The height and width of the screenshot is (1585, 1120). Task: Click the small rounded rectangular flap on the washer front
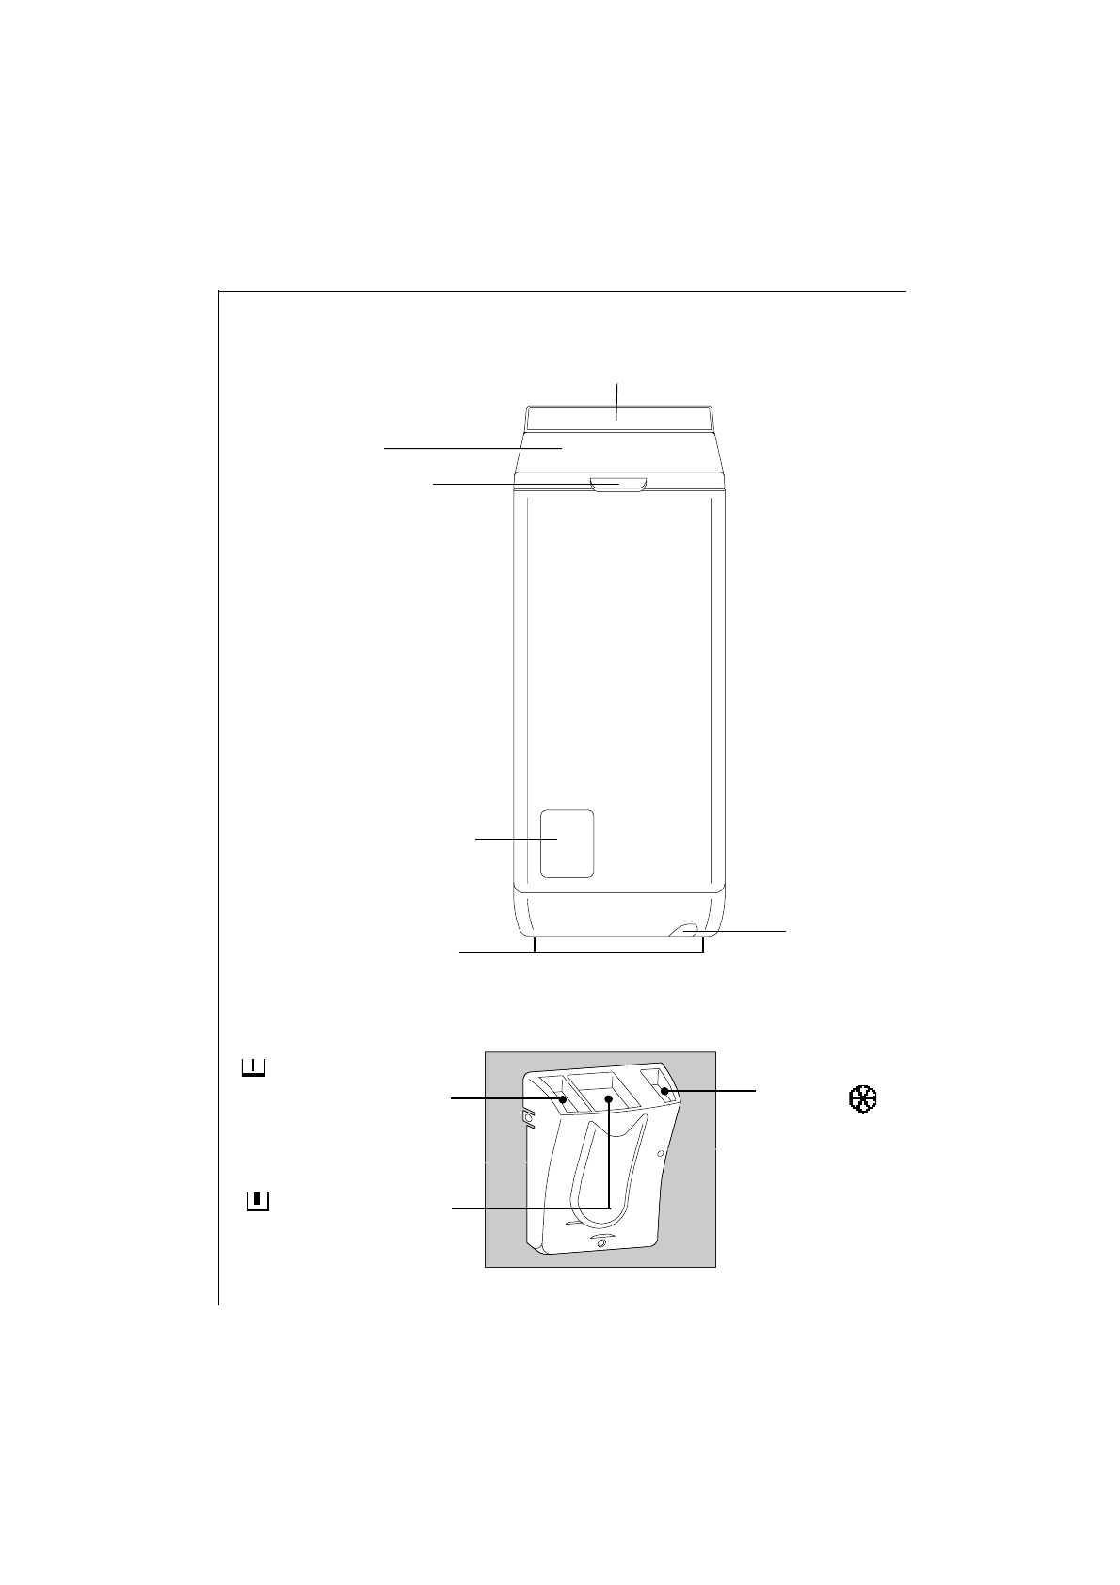click(x=567, y=843)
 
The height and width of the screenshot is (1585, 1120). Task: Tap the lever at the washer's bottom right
click(x=685, y=930)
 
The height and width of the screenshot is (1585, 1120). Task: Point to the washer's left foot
click(x=535, y=945)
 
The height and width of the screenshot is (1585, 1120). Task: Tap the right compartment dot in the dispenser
click(x=664, y=1092)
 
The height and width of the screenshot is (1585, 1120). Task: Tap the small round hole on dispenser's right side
click(x=661, y=1152)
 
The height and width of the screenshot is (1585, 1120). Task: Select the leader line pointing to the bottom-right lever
click(x=744, y=930)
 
